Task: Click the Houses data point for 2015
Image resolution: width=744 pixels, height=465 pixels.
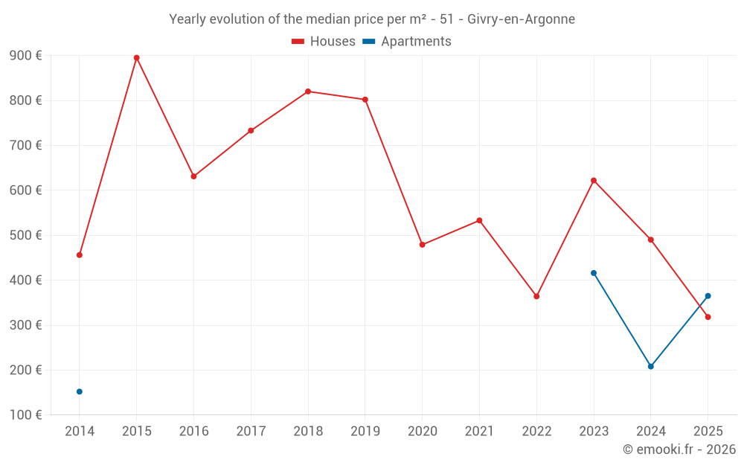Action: coord(137,58)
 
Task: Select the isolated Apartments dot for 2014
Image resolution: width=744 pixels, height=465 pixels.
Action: coord(80,391)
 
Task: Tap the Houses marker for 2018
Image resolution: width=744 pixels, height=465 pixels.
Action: coord(308,92)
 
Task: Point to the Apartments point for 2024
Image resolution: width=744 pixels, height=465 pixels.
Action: coord(650,366)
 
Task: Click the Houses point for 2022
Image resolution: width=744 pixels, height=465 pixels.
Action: coord(536,296)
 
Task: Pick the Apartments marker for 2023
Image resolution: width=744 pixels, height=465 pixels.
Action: coord(594,273)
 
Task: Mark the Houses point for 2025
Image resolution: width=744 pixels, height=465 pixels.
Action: coord(708,317)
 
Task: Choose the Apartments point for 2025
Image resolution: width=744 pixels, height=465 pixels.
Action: coord(708,296)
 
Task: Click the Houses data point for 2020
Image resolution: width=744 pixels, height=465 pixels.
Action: coord(423,245)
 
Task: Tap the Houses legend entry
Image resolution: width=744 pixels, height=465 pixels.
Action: coord(324,42)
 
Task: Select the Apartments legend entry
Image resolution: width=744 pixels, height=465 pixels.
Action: coord(407,42)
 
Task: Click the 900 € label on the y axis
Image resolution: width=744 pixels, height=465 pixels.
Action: coord(25,56)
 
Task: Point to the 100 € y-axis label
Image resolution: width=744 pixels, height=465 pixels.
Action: coord(25,414)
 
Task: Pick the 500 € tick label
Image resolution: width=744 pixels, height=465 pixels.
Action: coord(25,235)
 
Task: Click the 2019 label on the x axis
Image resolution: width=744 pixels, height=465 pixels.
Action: coord(365,431)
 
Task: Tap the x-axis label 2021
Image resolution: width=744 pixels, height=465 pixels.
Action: coord(479,431)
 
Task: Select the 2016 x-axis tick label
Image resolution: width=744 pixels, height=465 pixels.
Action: coord(194,431)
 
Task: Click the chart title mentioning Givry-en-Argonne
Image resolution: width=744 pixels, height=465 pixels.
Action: coord(372,19)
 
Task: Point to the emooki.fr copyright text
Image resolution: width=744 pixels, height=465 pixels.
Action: coord(679,449)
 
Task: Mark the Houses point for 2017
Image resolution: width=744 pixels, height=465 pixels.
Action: coord(251,130)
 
